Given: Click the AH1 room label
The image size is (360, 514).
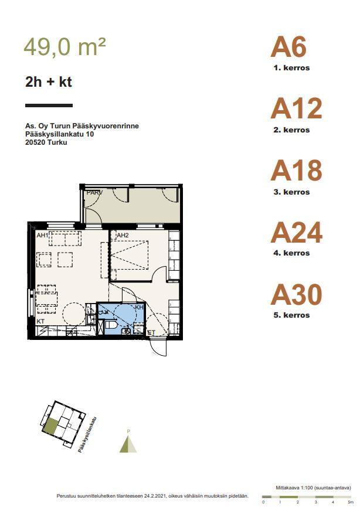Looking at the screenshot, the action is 42,235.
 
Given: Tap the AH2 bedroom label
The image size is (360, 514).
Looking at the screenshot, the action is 123,235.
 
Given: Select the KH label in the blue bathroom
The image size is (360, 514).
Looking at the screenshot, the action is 139,308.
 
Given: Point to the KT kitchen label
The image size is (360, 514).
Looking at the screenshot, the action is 40,321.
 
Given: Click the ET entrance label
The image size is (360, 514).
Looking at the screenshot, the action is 151,332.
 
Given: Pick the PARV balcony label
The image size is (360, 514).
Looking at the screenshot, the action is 94,192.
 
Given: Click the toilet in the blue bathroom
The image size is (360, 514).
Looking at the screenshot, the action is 111,325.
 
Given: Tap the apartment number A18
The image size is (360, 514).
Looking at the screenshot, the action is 297,171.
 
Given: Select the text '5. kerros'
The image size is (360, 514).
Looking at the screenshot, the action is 291,315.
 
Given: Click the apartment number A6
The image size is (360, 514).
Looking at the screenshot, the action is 288,47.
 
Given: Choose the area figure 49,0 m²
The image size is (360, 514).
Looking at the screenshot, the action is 64,46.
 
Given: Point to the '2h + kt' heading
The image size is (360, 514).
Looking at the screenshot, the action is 49,81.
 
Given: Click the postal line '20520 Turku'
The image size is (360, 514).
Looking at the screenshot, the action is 46,142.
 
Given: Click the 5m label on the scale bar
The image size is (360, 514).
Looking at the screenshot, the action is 351,502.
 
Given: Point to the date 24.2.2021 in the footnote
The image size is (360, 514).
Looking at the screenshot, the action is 154,496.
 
